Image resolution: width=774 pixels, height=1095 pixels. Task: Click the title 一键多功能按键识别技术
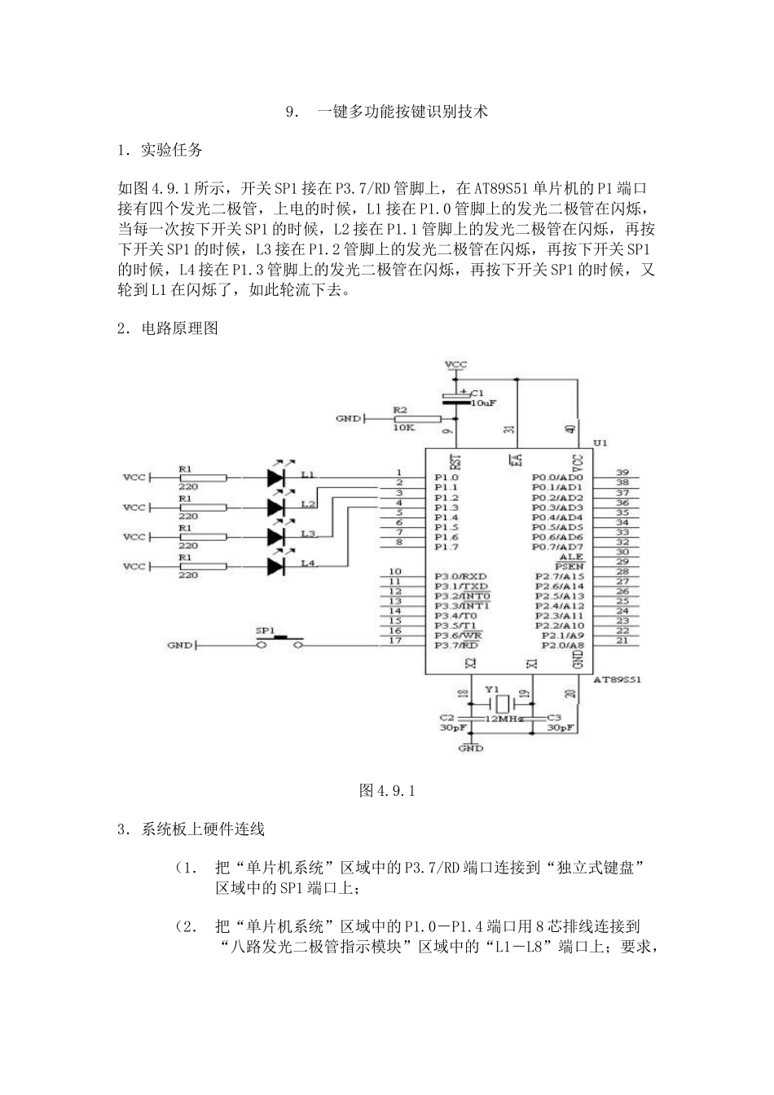click(x=402, y=112)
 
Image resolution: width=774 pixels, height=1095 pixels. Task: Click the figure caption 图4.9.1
click(x=387, y=790)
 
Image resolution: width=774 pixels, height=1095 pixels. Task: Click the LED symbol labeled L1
click(x=276, y=477)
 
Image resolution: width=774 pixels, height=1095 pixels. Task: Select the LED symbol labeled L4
click(x=276, y=565)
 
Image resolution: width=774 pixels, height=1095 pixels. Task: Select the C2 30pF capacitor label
click(x=447, y=723)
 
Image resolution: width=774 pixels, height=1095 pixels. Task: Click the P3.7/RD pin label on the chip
click(x=455, y=645)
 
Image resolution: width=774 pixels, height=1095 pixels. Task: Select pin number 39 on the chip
click(x=622, y=473)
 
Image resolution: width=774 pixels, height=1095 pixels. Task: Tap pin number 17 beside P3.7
click(x=395, y=640)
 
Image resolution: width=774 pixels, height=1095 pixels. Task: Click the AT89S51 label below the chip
click(x=617, y=678)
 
